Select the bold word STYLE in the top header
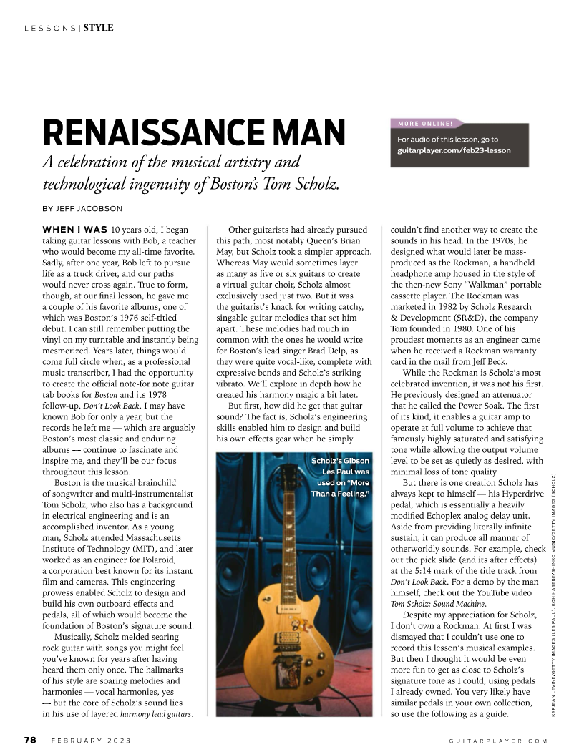coord(98,28)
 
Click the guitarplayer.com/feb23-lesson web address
coord(454,151)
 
